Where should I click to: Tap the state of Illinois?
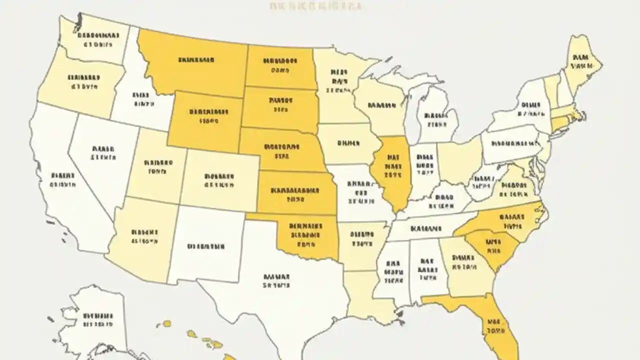tap(393, 170)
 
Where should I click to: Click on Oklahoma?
tap(305, 235)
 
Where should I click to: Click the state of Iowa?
tap(347, 143)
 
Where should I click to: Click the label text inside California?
tap(62, 180)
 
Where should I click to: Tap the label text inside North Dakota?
tap(280, 65)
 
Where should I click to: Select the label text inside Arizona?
tap(145, 236)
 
